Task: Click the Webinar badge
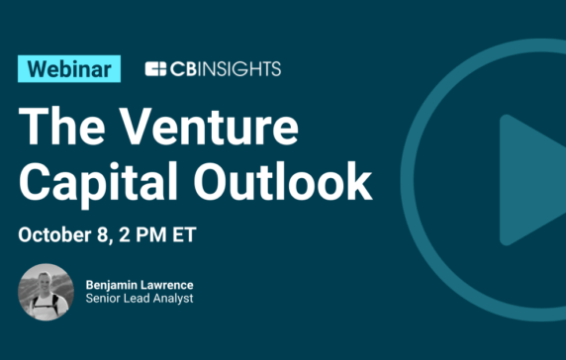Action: click(69, 69)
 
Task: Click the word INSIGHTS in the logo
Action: click(237, 69)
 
